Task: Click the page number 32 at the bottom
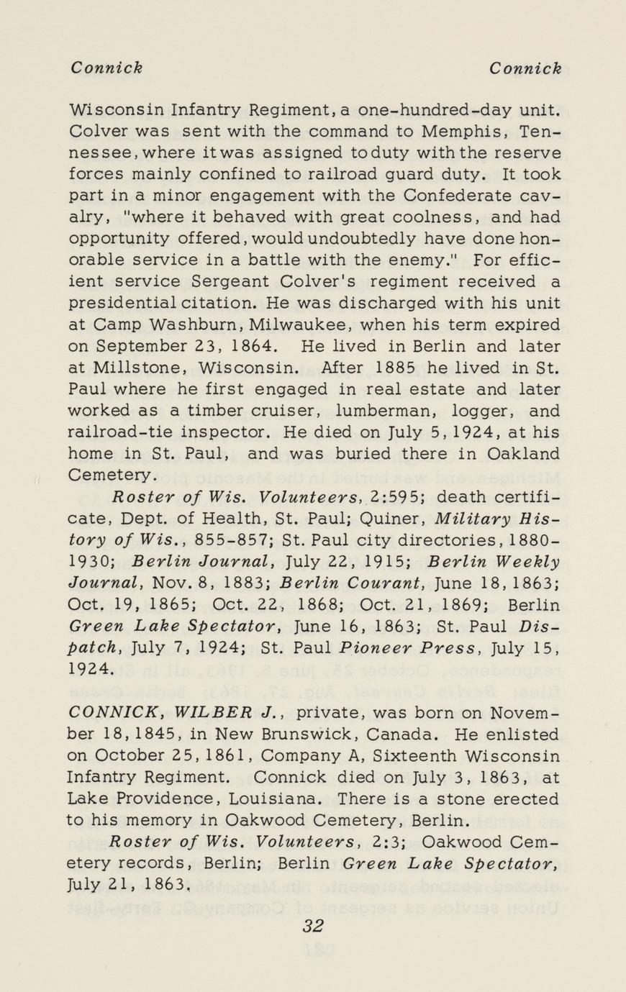[312, 926]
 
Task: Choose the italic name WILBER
[209, 714]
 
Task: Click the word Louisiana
[277, 799]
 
